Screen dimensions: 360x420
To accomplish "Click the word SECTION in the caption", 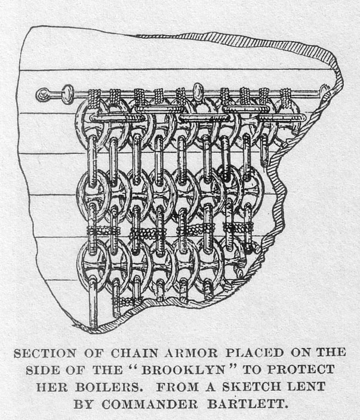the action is point(45,353).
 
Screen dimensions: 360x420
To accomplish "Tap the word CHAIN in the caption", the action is point(134,353).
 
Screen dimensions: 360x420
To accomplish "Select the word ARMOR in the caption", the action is point(191,353).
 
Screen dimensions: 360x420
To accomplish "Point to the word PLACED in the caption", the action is point(254,353).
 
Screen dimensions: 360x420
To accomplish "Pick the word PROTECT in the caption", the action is point(301,370).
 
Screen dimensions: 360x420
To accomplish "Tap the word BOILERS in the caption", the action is point(107,387).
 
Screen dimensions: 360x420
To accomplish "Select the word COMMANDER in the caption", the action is point(150,404).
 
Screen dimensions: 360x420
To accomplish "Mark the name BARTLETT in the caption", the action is point(246,404).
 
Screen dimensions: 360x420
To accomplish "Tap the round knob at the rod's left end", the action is point(43,95).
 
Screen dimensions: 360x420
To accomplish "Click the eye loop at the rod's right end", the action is point(325,91).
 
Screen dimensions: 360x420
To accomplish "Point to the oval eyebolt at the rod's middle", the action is point(198,92).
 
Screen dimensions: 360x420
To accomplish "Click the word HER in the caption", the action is point(52,387).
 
